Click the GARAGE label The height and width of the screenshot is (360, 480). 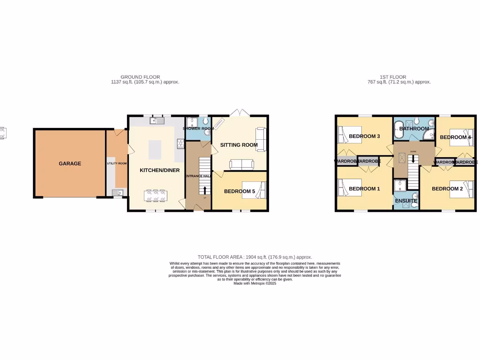click(70, 164)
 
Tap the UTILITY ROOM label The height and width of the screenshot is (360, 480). click(117, 164)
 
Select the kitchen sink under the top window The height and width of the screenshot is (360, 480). click(156, 121)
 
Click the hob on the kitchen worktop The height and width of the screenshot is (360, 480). click(180, 143)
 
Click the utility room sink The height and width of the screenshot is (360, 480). click(116, 192)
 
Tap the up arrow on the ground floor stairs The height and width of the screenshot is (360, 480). click(204, 190)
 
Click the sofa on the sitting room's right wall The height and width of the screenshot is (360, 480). click(261, 139)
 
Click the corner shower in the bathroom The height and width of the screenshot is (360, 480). click(428, 135)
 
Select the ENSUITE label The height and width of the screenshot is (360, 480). click(406, 201)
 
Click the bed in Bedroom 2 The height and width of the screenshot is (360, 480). click(462, 189)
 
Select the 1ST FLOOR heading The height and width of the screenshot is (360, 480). click(393, 77)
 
